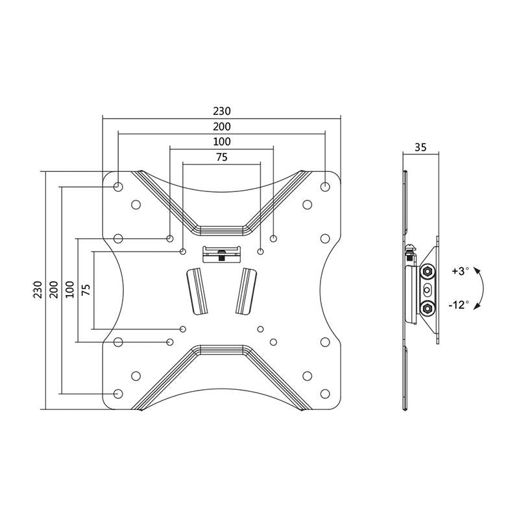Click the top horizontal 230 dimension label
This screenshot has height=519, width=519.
(222, 111)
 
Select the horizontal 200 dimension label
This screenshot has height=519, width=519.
(222, 127)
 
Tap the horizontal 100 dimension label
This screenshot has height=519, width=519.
(222, 141)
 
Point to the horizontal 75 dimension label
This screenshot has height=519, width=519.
(222, 157)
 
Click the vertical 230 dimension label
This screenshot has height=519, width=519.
(38, 289)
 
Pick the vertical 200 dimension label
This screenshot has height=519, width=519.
(54, 289)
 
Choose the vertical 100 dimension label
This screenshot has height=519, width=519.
(70, 289)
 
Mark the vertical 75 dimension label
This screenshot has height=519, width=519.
(86, 290)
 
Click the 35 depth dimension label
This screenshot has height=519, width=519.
(420, 147)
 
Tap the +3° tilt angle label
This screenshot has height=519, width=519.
(461, 271)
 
